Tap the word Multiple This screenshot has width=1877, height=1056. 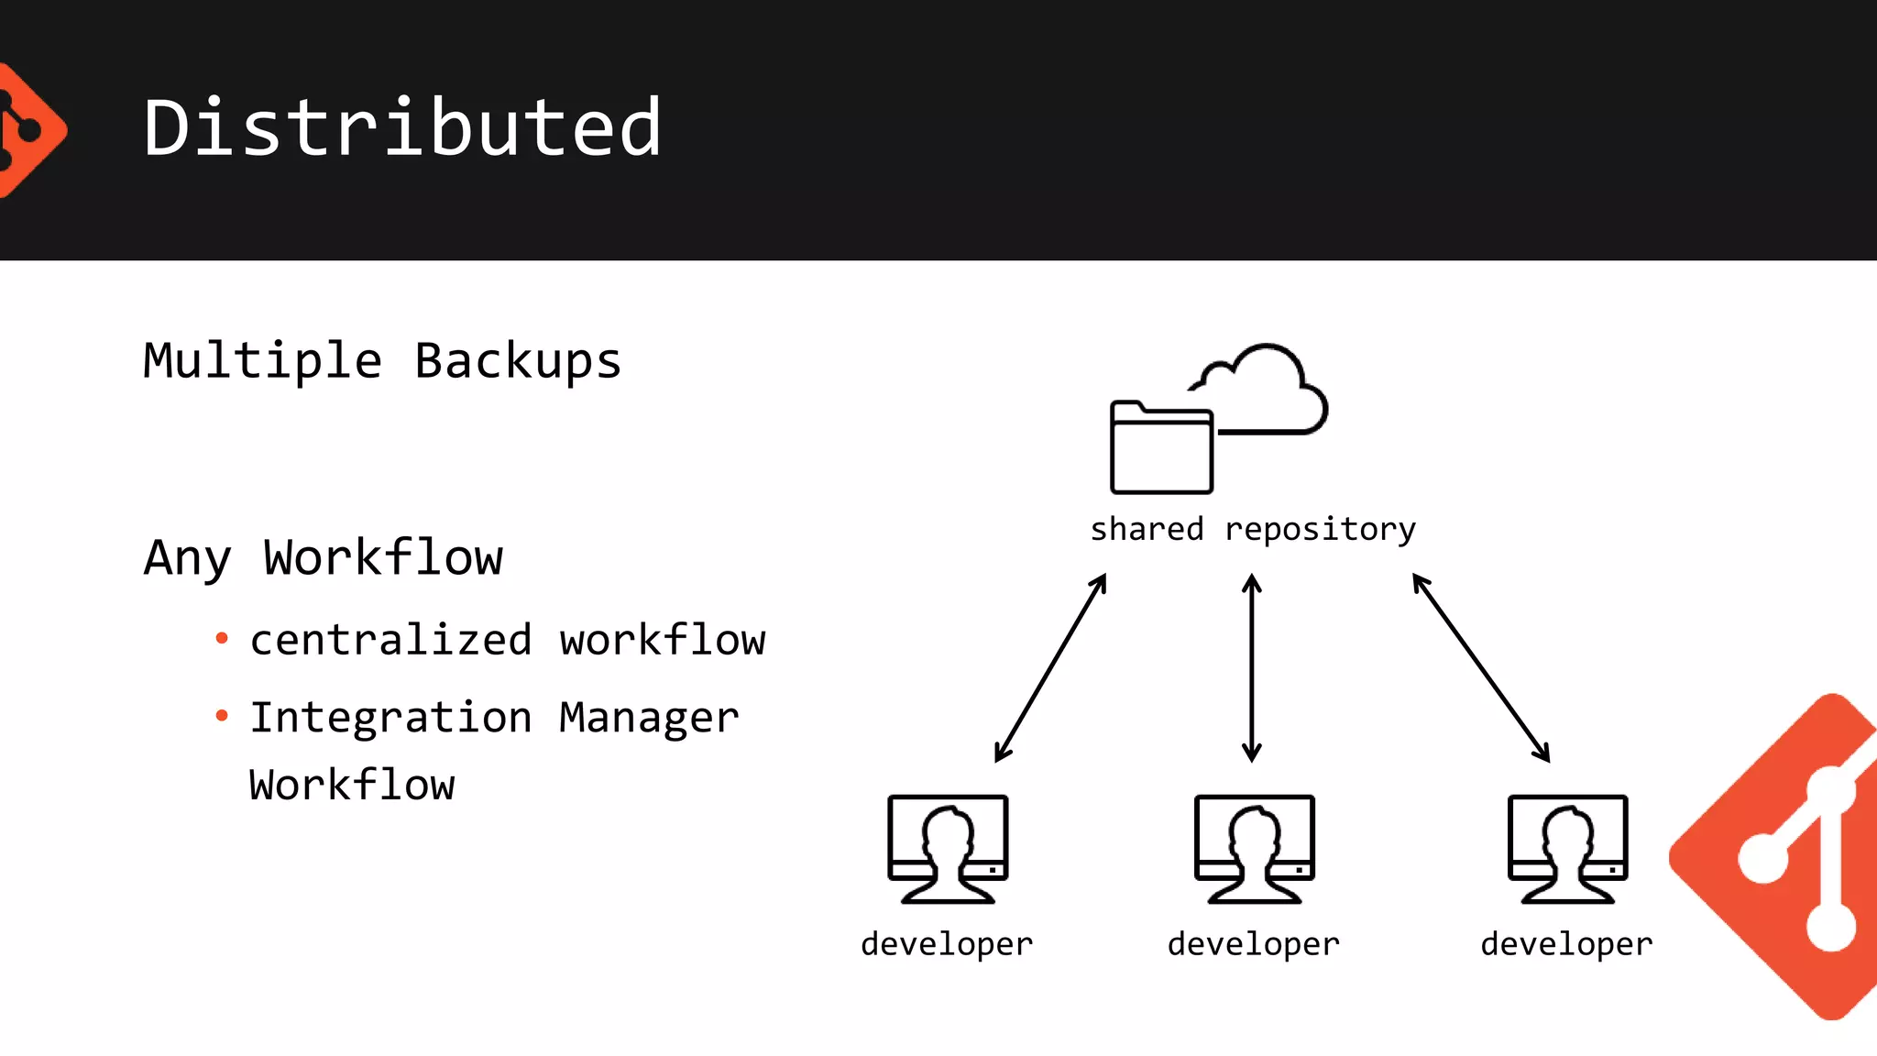pyautogui.click(x=262, y=360)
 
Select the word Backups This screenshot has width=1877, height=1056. pyautogui.click(x=518, y=360)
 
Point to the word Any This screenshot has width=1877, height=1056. pyautogui.click(x=187, y=557)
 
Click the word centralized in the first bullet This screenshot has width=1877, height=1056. pyautogui.click(x=390, y=640)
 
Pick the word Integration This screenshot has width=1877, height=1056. pyautogui.click(x=390, y=717)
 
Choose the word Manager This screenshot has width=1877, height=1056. pyautogui.click(x=649, y=717)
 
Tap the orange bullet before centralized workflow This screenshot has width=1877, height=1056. pyautogui.click(x=221, y=638)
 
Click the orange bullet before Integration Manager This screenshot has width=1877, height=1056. pyautogui.click(x=221, y=715)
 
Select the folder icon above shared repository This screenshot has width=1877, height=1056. pyautogui.click(x=1161, y=449)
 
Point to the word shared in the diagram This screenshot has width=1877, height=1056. pyautogui.click(x=1147, y=529)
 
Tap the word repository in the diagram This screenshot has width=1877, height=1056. pyautogui.click(x=1320, y=529)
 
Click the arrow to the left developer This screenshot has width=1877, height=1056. pyautogui.click(x=1050, y=668)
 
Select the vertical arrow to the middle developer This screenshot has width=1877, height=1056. pyautogui.click(x=1252, y=668)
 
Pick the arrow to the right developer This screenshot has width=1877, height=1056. pyautogui.click(x=1481, y=668)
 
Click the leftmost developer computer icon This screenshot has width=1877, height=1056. pyautogui.click(x=948, y=849)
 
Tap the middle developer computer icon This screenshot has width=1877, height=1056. pyautogui.click(x=1254, y=849)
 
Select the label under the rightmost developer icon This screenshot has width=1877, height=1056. pyautogui.click(x=1566, y=944)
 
